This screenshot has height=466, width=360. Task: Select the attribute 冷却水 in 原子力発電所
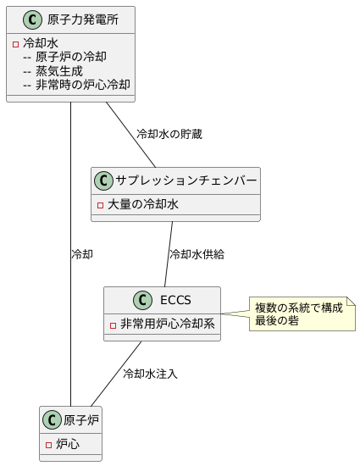(x=41, y=43)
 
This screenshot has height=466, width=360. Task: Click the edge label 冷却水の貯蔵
(x=169, y=134)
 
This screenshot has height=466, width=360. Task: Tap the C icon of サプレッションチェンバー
(x=104, y=180)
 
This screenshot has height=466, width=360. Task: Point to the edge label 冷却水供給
(x=197, y=253)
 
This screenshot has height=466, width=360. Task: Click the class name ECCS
(x=175, y=300)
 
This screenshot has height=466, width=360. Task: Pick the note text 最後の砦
(x=277, y=320)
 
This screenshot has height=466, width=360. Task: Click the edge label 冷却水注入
(x=150, y=373)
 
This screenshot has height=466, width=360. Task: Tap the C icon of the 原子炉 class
(x=53, y=419)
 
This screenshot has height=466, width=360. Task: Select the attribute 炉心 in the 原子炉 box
(x=68, y=443)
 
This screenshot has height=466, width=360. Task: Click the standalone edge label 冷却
(x=82, y=253)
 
